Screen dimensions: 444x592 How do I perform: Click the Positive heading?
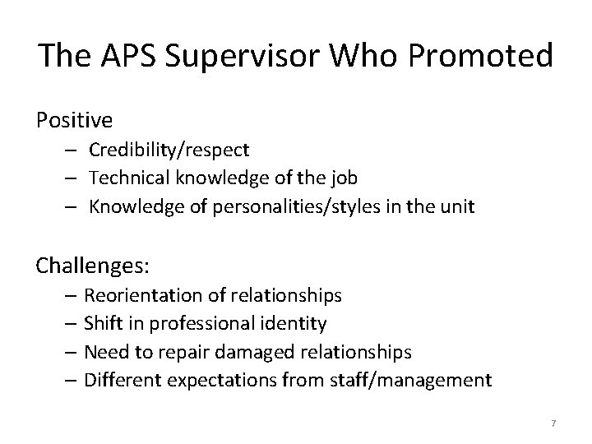tap(75, 120)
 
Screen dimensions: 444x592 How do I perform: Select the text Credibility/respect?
tap(169, 150)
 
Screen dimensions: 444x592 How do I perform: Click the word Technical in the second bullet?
tap(125, 178)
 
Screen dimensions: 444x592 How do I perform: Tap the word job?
tap(345, 178)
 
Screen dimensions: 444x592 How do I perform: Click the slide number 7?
tap(553, 423)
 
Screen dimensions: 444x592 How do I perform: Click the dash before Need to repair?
tap(69, 351)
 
